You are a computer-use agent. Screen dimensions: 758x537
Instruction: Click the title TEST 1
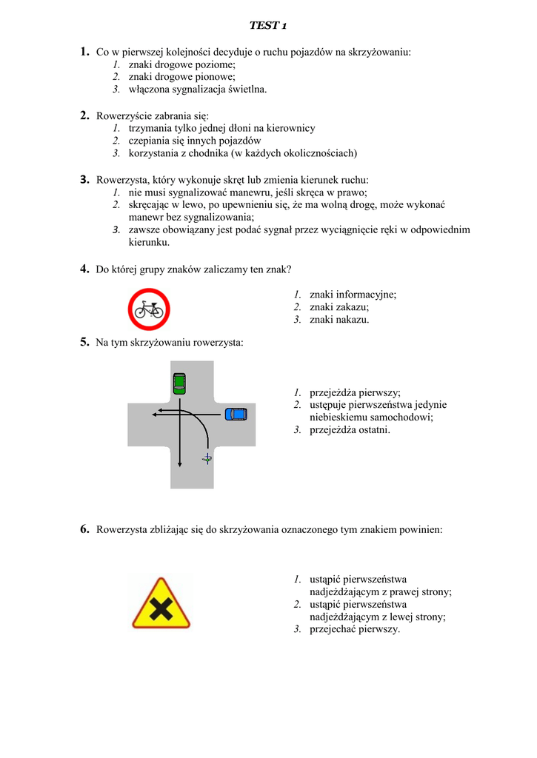pyautogui.click(x=268, y=26)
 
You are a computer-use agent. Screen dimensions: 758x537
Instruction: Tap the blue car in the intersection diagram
pyautogui.click(x=236, y=413)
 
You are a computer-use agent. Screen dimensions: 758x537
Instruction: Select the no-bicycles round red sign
pyautogui.click(x=149, y=309)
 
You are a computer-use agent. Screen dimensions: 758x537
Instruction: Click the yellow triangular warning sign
pyautogui.click(x=160, y=603)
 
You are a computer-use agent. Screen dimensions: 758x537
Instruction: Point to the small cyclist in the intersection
pyautogui.click(x=207, y=459)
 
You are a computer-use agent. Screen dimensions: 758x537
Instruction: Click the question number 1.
pyautogui.click(x=84, y=52)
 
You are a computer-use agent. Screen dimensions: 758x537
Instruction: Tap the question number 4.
pyautogui.click(x=84, y=269)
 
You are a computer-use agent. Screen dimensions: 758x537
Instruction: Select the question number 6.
pyautogui.click(x=84, y=529)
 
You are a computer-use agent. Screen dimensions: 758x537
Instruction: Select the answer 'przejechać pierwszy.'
pyautogui.click(x=355, y=629)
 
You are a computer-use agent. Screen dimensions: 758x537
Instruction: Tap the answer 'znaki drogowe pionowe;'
pyautogui.click(x=181, y=76)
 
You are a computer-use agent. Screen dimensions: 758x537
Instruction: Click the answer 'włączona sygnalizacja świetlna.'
pyautogui.click(x=198, y=89)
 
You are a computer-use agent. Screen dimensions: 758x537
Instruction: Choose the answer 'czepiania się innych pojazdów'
pyautogui.click(x=195, y=141)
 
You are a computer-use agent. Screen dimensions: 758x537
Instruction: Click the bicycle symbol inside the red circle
pyautogui.click(x=149, y=309)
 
